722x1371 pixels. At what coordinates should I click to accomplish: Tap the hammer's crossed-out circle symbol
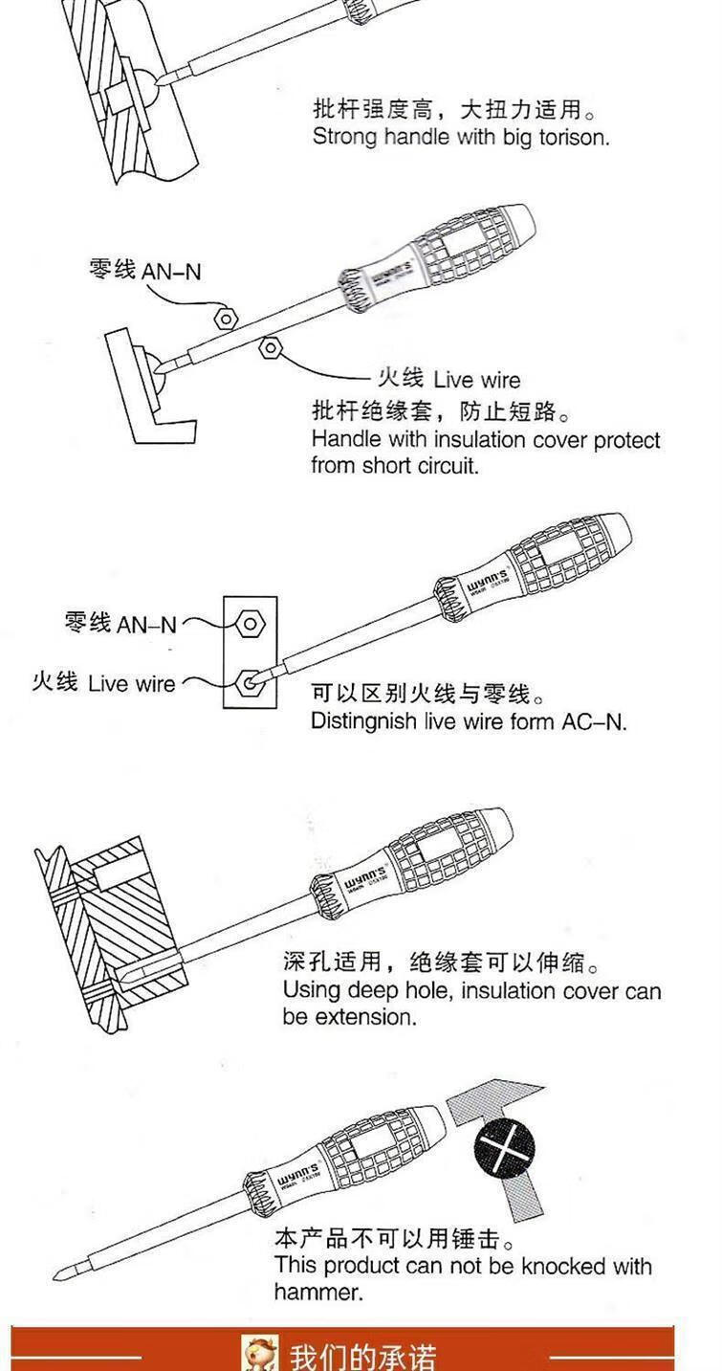[x=504, y=1149]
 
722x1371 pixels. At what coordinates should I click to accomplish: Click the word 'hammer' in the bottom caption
[x=317, y=1292]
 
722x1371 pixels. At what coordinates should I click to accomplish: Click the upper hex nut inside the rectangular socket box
[x=250, y=624]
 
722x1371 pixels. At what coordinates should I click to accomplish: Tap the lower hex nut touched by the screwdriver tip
[x=249, y=682]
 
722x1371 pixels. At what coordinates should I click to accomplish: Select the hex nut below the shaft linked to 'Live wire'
[x=271, y=347]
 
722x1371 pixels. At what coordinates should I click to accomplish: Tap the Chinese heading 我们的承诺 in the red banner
[x=362, y=1357]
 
